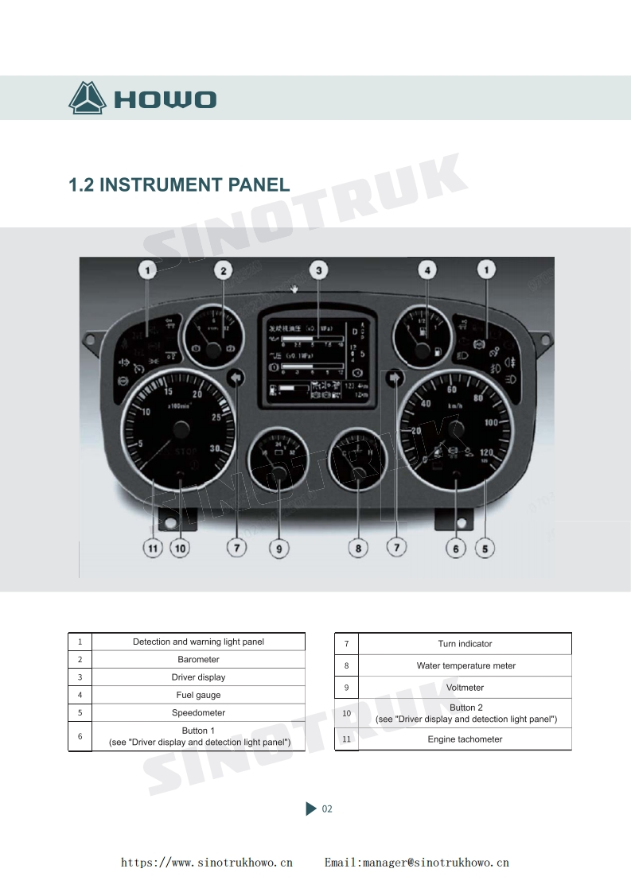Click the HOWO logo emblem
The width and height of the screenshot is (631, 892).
click(x=88, y=99)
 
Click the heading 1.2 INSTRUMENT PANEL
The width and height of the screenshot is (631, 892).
click(x=179, y=185)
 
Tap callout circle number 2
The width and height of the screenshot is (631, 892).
click(x=224, y=271)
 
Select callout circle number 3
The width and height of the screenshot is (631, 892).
click(x=318, y=271)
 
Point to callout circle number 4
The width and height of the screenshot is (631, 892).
click(x=428, y=271)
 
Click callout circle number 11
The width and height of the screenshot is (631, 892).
click(x=152, y=548)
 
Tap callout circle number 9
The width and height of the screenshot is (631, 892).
click(x=278, y=548)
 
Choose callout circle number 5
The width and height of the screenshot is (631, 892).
click(x=485, y=548)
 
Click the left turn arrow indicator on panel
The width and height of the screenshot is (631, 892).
click(x=236, y=378)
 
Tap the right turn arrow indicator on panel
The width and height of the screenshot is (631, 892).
click(x=395, y=378)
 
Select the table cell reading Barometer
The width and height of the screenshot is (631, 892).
click(x=198, y=659)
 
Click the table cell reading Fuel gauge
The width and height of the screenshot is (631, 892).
click(x=198, y=695)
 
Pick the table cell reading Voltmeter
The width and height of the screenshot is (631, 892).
click(x=465, y=688)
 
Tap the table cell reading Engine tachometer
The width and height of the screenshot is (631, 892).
click(x=465, y=739)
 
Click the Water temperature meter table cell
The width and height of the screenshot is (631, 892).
click(x=465, y=665)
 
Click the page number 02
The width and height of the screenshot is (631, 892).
click(x=327, y=809)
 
